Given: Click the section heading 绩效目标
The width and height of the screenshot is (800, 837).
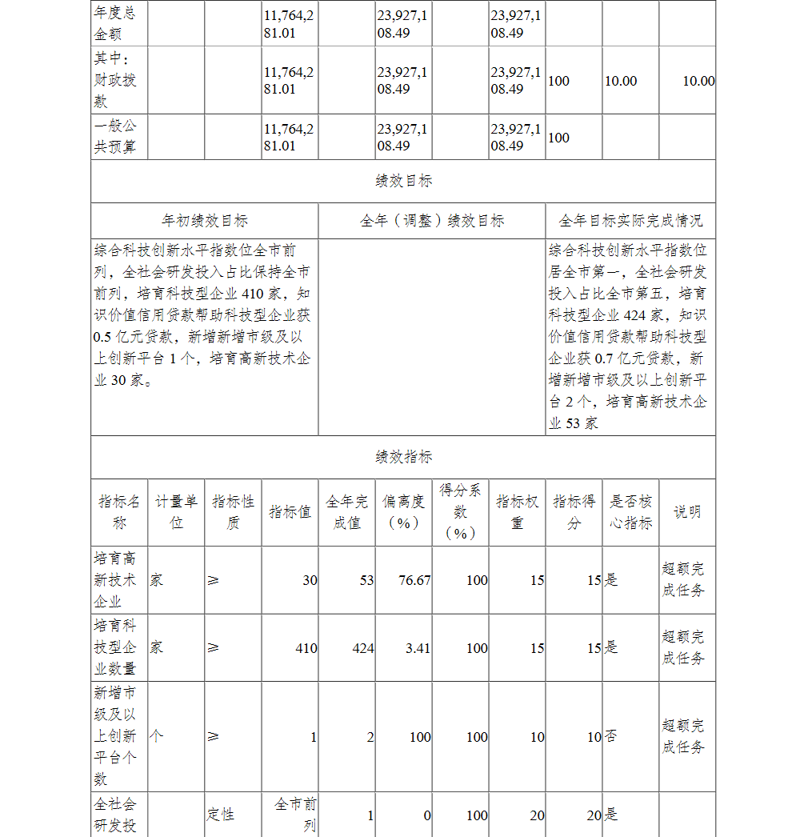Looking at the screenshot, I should (403, 181).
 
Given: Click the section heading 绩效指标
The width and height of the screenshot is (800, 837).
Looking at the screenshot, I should (403, 457).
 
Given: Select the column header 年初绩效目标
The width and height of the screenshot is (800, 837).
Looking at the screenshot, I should (204, 221).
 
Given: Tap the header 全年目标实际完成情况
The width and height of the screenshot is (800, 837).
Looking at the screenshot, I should (630, 221).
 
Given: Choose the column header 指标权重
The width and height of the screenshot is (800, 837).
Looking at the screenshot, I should (517, 512).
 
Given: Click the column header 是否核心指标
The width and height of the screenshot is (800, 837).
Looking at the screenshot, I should (630, 512).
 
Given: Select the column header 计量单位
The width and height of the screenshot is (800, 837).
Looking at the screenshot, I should (176, 512).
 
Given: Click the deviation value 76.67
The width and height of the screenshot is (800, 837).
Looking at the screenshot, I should (414, 580).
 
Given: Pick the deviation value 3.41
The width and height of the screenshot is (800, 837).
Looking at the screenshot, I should (418, 648).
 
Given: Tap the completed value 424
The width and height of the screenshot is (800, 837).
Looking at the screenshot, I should (363, 648).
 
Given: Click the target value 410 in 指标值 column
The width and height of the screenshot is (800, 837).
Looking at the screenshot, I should (306, 648).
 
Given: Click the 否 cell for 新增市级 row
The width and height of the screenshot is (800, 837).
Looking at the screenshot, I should (610, 737).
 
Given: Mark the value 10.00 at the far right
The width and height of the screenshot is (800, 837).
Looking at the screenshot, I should (698, 81).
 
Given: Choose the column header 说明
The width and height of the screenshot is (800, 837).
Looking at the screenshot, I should (687, 512).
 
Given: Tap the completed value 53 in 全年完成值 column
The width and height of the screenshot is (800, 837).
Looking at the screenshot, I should (366, 580).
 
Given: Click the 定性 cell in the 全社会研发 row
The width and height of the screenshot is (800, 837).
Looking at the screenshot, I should (221, 815).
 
